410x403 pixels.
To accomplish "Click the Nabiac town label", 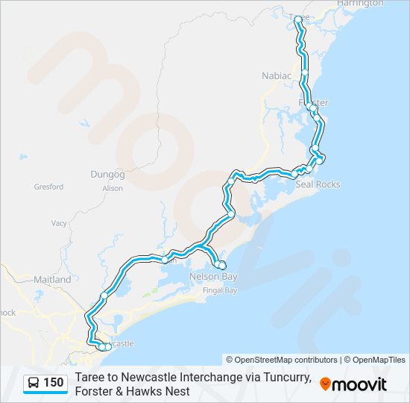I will tap(275, 75).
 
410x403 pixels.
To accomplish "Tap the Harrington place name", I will tap(360, 4).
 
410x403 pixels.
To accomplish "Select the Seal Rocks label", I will tap(318, 184).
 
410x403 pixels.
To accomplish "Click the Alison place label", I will tap(113, 189).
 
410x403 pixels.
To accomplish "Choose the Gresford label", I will tap(48, 187).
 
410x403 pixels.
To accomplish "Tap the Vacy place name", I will tap(59, 223).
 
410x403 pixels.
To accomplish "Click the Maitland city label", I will tap(52, 280).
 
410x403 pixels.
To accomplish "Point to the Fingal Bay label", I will tap(220, 290).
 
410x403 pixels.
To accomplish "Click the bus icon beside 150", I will tap(34, 383).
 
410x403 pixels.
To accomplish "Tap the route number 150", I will tap(53, 383).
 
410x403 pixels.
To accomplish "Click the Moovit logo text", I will tap(359, 384).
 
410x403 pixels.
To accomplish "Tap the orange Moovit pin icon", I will tap(325, 384).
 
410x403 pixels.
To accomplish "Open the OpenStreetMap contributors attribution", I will tap(282, 360).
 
